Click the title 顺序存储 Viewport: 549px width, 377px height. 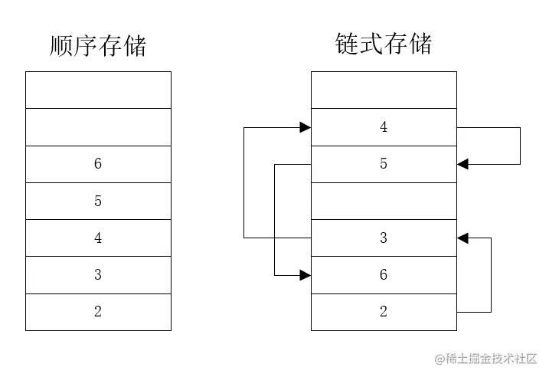click(x=97, y=46)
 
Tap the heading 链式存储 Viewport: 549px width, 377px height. click(x=383, y=44)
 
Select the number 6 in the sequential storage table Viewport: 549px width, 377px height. click(x=98, y=164)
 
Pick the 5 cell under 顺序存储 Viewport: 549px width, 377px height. click(x=98, y=201)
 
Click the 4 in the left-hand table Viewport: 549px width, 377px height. click(x=98, y=238)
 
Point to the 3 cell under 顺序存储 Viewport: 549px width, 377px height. click(x=98, y=274)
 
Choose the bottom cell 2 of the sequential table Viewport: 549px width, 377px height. click(x=98, y=312)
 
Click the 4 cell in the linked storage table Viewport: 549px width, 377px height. click(x=384, y=127)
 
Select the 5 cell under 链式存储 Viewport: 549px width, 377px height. click(x=384, y=164)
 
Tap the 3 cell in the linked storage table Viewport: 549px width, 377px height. click(x=384, y=238)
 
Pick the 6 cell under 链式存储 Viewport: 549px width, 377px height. click(x=384, y=274)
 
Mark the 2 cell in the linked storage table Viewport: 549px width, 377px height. click(x=384, y=312)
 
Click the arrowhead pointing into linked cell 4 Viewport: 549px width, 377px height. click(x=306, y=127)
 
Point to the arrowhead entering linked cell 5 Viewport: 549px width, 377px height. click(x=462, y=164)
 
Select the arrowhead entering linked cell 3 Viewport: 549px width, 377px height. click(x=462, y=238)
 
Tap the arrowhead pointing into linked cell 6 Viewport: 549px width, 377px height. click(x=306, y=274)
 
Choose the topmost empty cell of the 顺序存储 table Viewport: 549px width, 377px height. click(x=98, y=90)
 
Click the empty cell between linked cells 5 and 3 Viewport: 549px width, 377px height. click(x=384, y=201)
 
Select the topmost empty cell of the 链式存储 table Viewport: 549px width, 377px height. click(x=384, y=90)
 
